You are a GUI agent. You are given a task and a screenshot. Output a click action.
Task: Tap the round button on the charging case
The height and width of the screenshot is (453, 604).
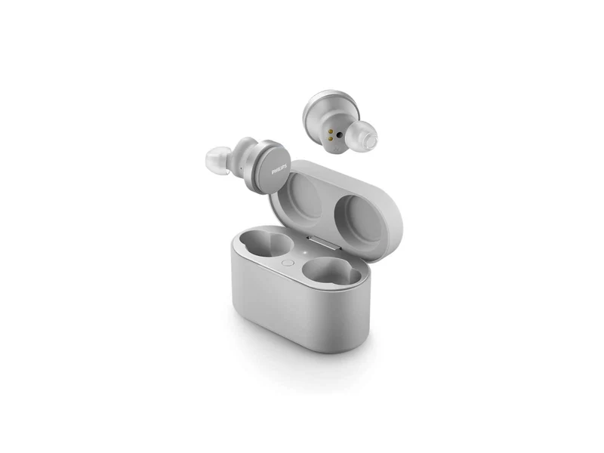(x=288, y=263)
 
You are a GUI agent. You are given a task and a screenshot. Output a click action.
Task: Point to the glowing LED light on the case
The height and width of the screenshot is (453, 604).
(x=304, y=253)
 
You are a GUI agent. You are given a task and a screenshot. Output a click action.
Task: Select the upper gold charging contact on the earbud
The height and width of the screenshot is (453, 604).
(x=330, y=131)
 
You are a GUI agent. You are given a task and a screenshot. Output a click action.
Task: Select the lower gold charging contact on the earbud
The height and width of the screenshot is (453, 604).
(x=330, y=139)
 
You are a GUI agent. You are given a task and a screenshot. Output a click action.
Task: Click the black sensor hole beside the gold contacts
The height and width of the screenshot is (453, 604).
(x=339, y=135)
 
